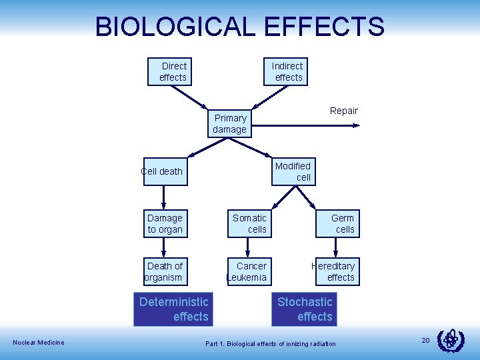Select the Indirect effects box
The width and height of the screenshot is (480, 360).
click(x=287, y=71)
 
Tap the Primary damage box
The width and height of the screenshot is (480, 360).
click(x=230, y=123)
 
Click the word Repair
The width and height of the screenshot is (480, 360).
click(x=344, y=111)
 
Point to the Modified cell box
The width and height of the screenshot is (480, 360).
click(x=293, y=171)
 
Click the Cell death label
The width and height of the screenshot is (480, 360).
click(x=162, y=171)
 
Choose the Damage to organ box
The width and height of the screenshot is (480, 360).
click(x=165, y=223)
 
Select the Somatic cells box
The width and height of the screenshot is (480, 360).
click(x=249, y=223)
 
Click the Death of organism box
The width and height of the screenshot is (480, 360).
click(x=164, y=271)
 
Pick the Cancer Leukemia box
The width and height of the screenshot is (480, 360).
click(x=248, y=271)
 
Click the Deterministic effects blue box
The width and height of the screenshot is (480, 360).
click(x=173, y=309)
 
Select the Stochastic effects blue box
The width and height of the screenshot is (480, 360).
click(x=305, y=309)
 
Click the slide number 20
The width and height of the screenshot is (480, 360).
click(x=425, y=341)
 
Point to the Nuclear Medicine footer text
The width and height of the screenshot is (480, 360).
click(x=39, y=343)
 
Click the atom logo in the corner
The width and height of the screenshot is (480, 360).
click(x=450, y=341)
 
